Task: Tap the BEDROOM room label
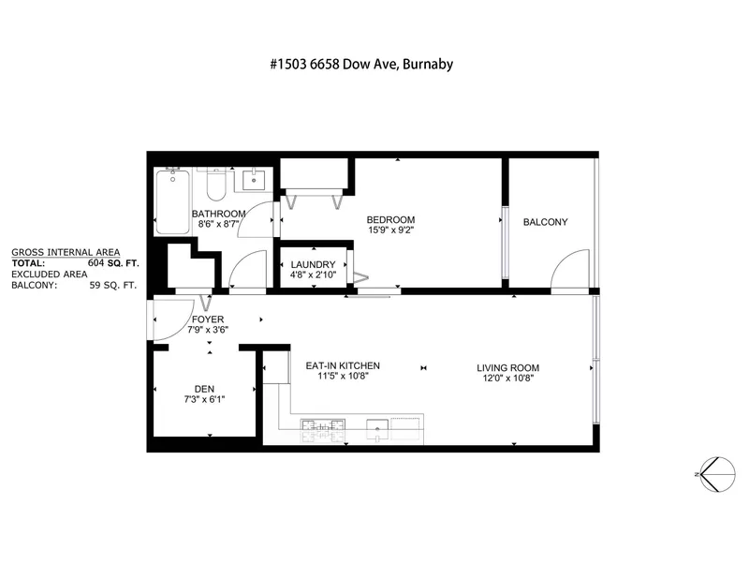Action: pos(390,220)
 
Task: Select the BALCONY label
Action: pos(545,222)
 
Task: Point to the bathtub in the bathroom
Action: pos(172,201)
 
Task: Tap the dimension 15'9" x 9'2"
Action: pos(390,230)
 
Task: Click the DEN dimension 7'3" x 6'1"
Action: pos(206,398)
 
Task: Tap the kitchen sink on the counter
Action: pos(378,430)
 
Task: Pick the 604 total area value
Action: pos(94,264)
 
